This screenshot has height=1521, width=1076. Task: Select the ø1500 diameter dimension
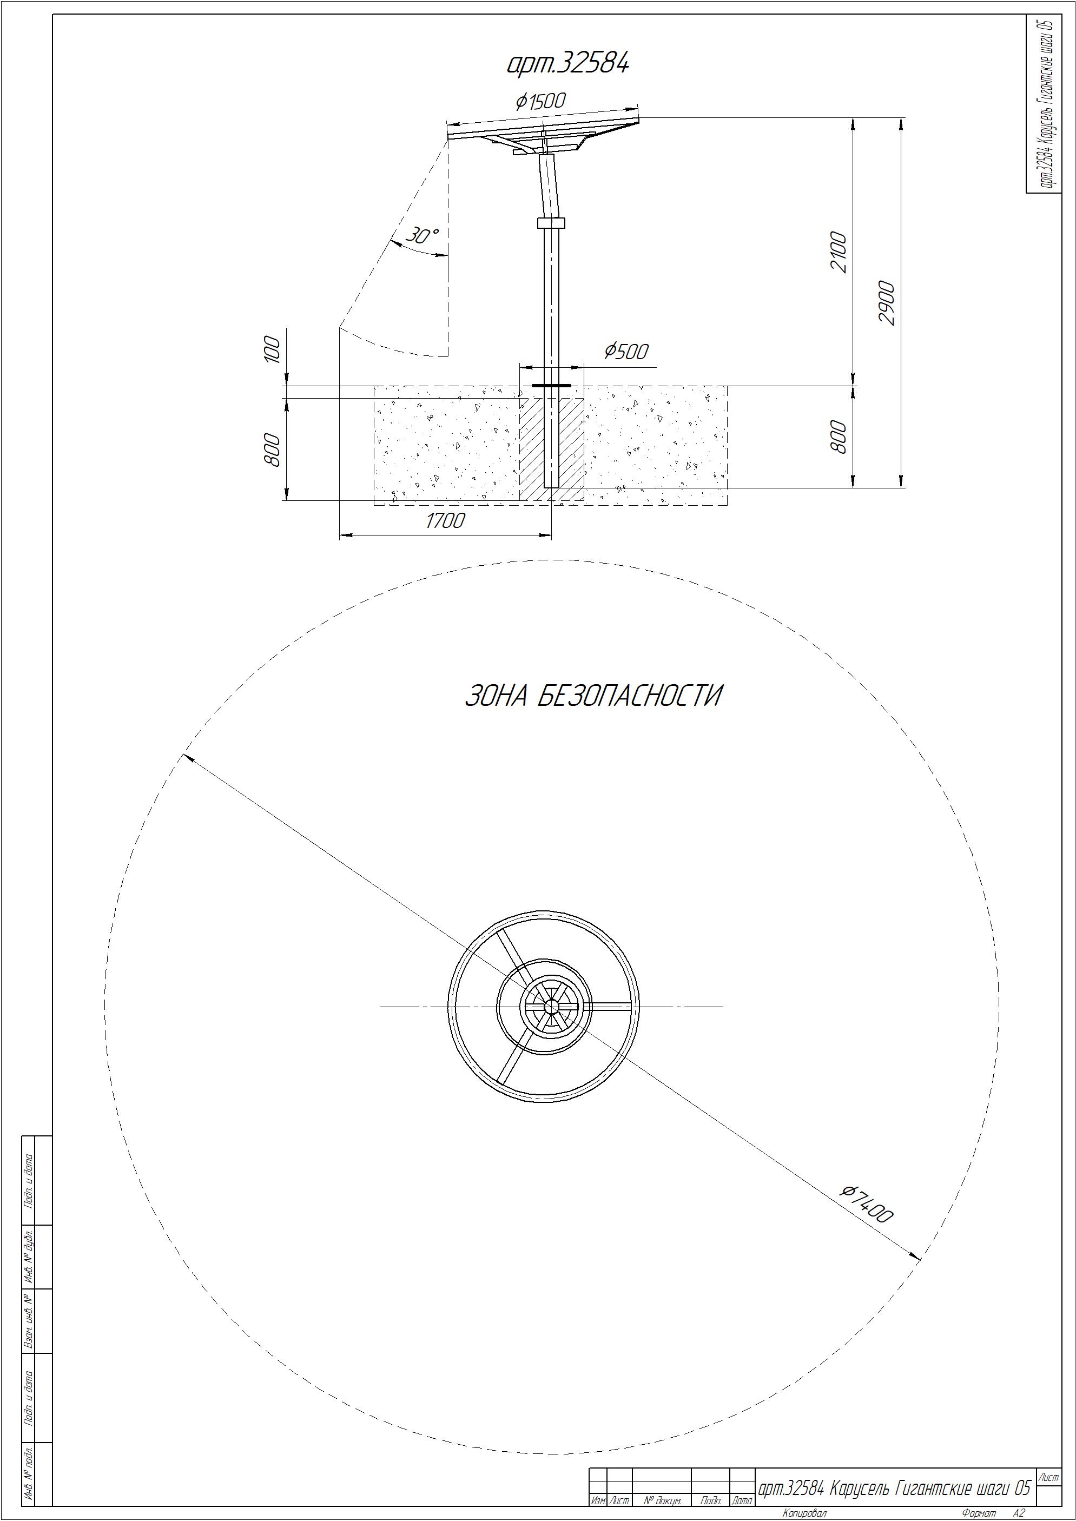(540, 101)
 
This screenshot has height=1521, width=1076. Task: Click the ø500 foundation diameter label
(626, 351)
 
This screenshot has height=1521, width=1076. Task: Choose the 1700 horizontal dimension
(445, 521)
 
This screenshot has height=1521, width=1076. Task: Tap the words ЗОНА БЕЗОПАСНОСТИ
(593, 696)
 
